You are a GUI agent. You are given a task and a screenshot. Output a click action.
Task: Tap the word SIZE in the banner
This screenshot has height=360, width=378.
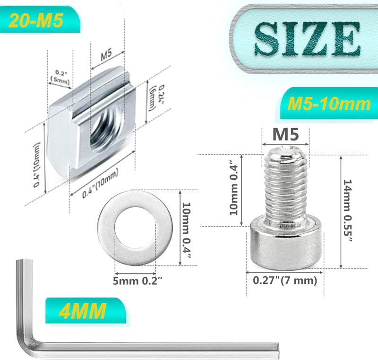306,38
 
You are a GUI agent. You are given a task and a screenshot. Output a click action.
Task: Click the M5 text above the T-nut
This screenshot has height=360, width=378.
106,55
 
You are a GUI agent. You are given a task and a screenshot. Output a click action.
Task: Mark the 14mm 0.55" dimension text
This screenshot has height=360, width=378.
348,211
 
